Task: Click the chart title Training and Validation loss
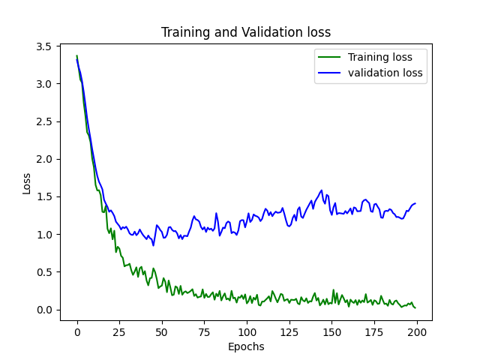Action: click(246, 32)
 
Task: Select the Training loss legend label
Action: click(380, 57)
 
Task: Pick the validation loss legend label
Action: click(385, 73)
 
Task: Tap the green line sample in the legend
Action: click(329, 57)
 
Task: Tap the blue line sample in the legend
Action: click(329, 73)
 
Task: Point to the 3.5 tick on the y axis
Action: click(43, 46)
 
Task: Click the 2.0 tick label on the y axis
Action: click(43, 159)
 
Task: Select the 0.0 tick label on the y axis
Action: click(43, 310)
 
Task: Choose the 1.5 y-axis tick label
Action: click(43, 196)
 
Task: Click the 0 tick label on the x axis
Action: click(77, 332)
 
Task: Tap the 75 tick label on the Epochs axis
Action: click(204, 332)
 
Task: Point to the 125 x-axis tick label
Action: click(289, 332)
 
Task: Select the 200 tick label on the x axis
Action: click(417, 332)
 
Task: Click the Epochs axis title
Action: click(246, 346)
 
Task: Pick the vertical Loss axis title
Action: click(27, 184)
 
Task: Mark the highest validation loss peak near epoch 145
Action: click(322, 190)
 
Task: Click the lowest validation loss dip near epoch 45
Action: click(153, 245)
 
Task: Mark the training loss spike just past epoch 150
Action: click(334, 289)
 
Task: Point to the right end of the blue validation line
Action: click(415, 203)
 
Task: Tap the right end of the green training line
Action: click(415, 308)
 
